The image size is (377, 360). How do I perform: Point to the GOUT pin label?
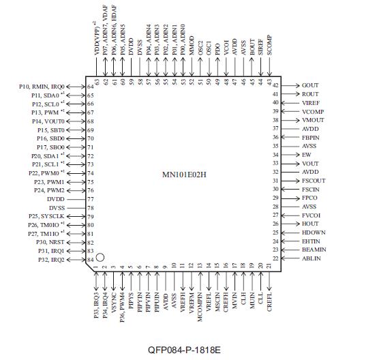pyautogui.click(x=311, y=85)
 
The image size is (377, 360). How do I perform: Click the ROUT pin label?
pyautogui.click(x=311, y=94)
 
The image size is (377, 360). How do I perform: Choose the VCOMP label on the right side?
pyautogui.click(x=313, y=111)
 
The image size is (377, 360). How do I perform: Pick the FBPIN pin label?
pyautogui.click(x=312, y=137)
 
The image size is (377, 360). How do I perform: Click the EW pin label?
pyautogui.click(x=307, y=155)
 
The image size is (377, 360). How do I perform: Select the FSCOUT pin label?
pyautogui.click(x=314, y=181)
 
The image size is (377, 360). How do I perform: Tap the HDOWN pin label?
pyautogui.click(x=313, y=232)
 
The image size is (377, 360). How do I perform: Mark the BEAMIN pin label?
pyautogui.click(x=314, y=250)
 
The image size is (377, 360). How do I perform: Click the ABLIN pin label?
pyautogui.click(x=312, y=259)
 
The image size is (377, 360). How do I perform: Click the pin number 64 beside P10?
pyautogui.click(x=91, y=87)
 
